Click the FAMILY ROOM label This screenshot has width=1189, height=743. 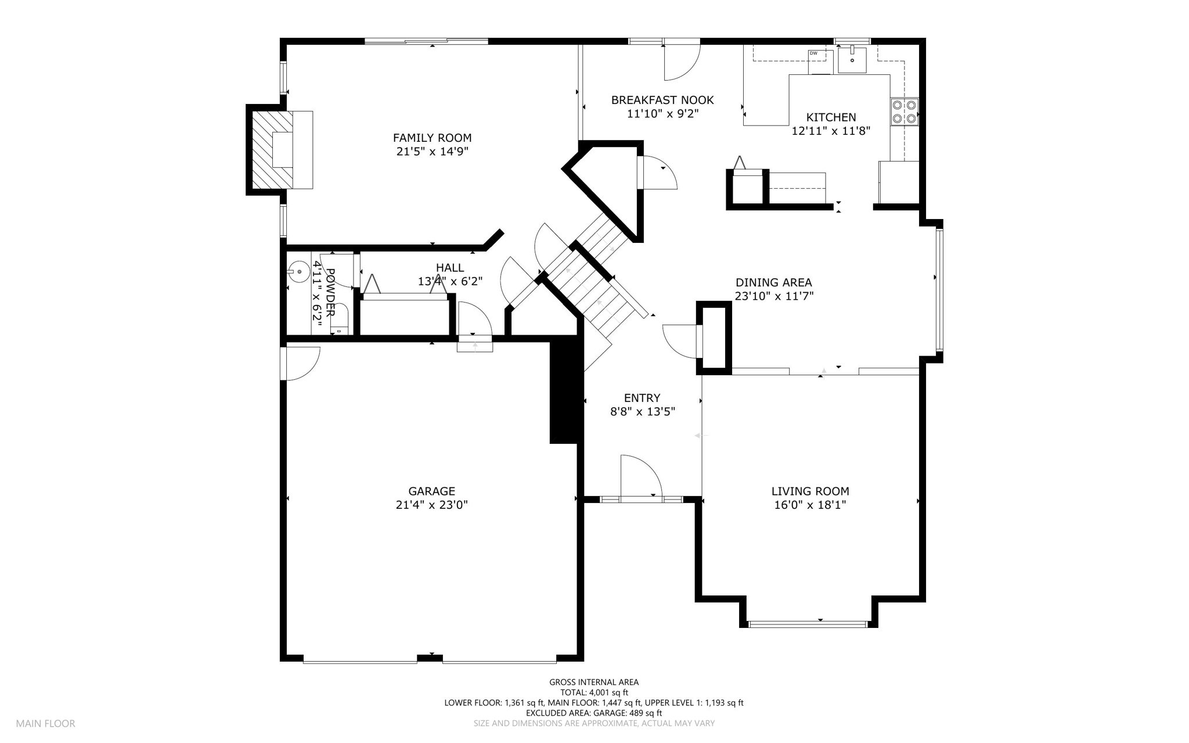point(432,138)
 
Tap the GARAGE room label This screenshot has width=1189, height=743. point(431,491)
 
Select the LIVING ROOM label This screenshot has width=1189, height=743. point(810,491)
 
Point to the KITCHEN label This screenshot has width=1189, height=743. point(831,117)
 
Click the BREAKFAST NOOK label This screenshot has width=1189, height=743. point(662,100)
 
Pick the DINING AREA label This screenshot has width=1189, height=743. point(774,282)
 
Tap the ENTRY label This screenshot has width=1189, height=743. point(642,398)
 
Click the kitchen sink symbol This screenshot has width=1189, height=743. point(852,60)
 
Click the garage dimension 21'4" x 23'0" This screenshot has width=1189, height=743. point(431,505)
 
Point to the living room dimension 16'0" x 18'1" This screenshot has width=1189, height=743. point(810,505)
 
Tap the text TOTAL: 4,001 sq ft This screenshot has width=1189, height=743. point(594,692)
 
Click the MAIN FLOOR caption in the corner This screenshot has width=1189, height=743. point(45,724)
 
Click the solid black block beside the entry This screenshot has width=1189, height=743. point(566,392)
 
